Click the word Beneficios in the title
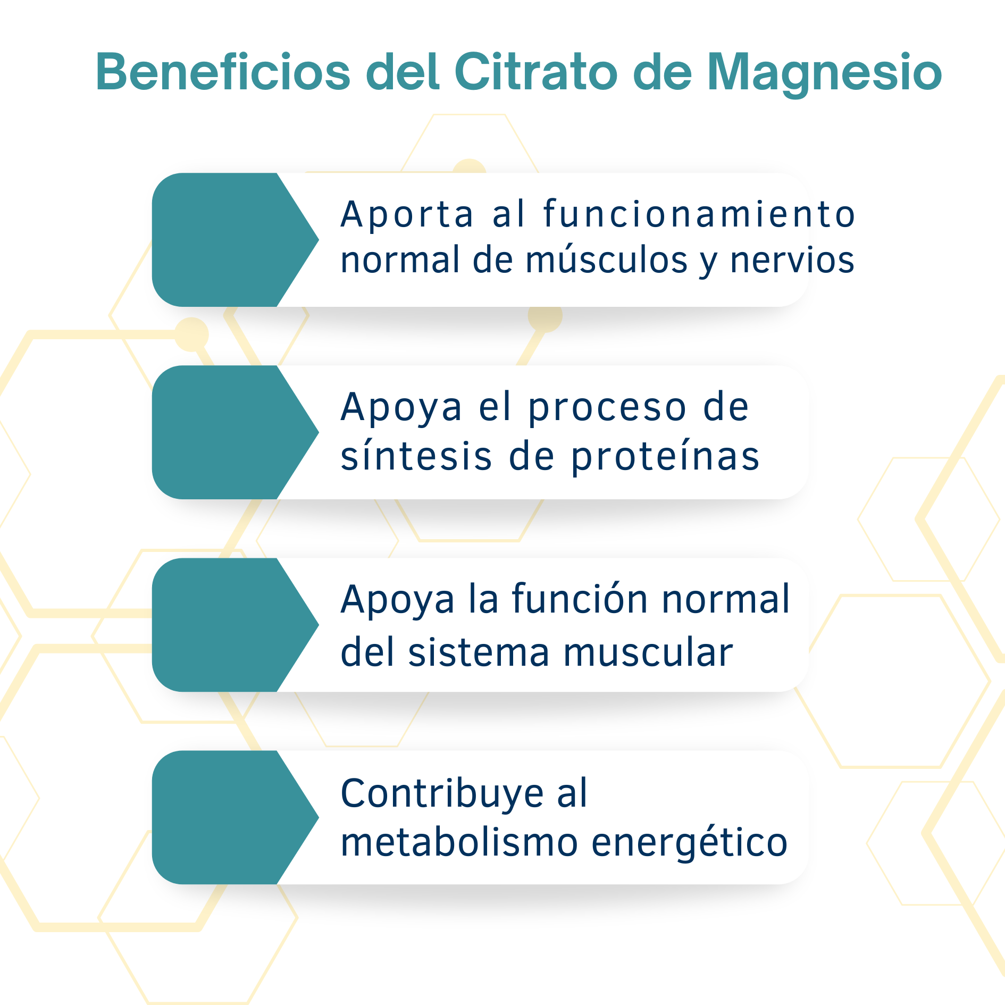point(223,72)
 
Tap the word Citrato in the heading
point(535,72)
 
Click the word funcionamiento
point(699,213)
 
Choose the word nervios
point(792,260)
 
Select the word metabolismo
point(459,842)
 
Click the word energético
point(690,843)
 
